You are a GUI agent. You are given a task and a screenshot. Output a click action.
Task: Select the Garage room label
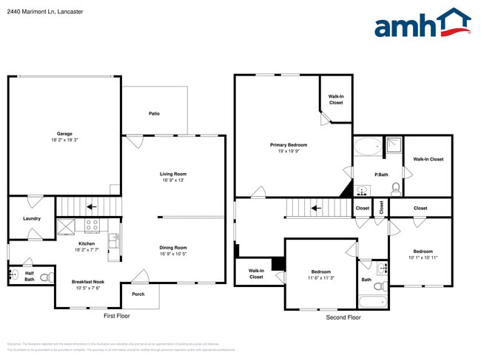pos(64,134)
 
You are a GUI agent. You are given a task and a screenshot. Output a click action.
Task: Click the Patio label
pos(154,113)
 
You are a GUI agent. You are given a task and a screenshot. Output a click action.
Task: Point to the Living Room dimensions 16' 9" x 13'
pos(172,180)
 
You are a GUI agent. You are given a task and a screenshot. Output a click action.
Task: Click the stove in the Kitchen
pos(92,226)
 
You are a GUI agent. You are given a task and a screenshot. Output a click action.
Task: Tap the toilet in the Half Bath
pos(45,277)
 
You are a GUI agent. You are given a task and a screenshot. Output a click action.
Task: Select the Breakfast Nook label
pos(87,282)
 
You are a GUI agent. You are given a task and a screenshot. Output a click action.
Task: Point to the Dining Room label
pos(173,248)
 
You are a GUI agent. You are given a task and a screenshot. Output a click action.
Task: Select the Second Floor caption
pos(343,317)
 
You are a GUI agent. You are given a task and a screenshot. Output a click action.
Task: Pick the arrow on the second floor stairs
pos(316,209)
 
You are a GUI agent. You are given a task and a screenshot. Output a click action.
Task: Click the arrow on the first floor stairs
pos(92,207)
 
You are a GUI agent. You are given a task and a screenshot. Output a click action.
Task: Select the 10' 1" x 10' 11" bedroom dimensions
pos(423,257)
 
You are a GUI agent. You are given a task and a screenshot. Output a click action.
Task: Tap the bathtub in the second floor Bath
pos(372,302)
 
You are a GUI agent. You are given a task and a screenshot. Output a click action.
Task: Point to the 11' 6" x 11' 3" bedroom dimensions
pos(320,278)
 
